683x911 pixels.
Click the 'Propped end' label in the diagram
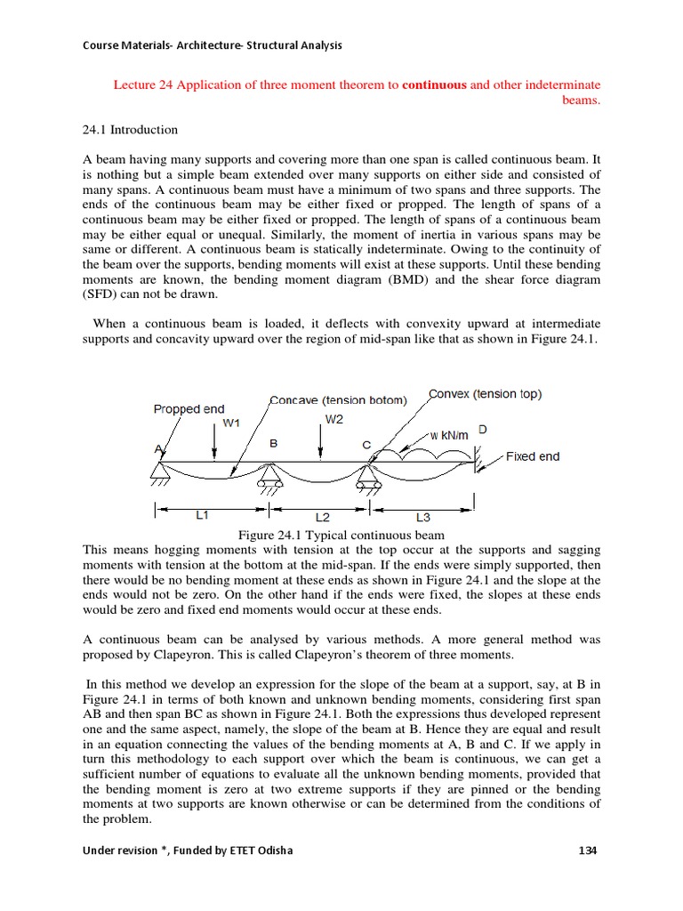[189, 409]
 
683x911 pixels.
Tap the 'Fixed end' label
[533, 456]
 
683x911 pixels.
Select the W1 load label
[231, 423]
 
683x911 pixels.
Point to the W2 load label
[333, 420]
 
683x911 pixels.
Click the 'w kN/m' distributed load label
[449, 435]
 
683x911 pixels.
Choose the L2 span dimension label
[324, 516]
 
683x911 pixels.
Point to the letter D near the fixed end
[483, 430]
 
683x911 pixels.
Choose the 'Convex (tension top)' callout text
[485, 393]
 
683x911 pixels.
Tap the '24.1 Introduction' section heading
[130, 130]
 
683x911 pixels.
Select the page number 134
[587, 850]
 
